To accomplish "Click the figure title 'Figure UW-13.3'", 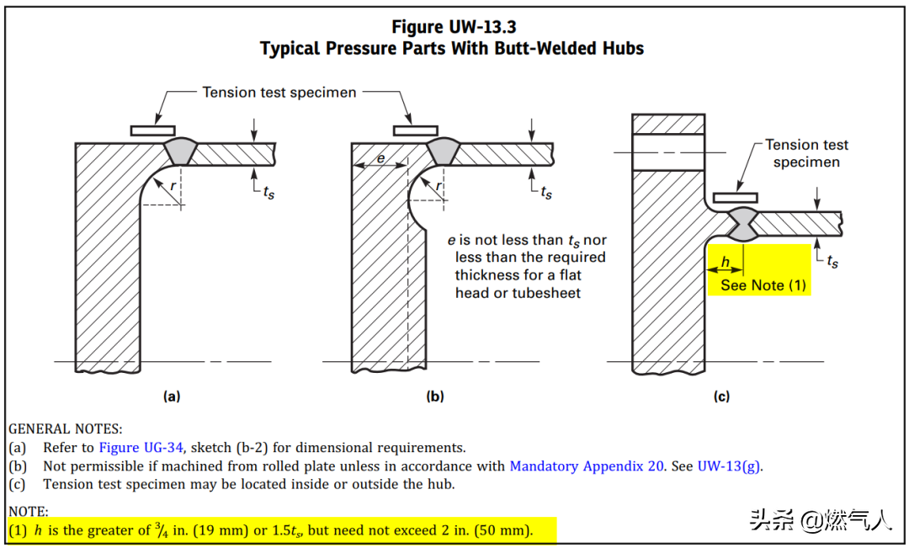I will click(x=454, y=28).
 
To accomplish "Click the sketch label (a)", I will click(x=171, y=396).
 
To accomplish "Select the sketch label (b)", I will click(x=435, y=396).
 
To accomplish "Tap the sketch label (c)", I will click(x=721, y=396).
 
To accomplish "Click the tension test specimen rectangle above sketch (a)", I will click(x=152, y=130).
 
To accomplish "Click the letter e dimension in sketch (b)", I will click(x=380, y=158).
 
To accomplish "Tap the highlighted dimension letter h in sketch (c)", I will click(x=726, y=262).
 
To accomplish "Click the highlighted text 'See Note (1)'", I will click(x=763, y=285).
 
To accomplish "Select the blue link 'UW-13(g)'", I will click(x=729, y=466).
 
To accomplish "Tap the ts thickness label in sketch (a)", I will click(x=268, y=192).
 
